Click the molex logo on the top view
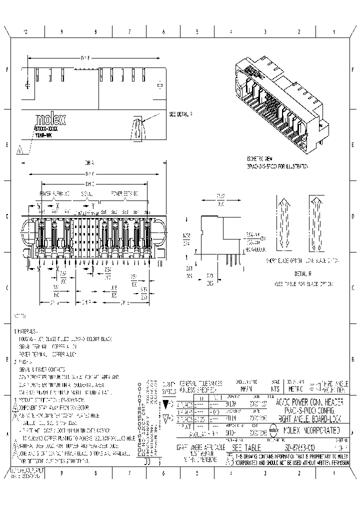50,120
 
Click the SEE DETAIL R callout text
181,114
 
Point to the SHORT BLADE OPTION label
282,260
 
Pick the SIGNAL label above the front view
86,192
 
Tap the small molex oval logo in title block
274,429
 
